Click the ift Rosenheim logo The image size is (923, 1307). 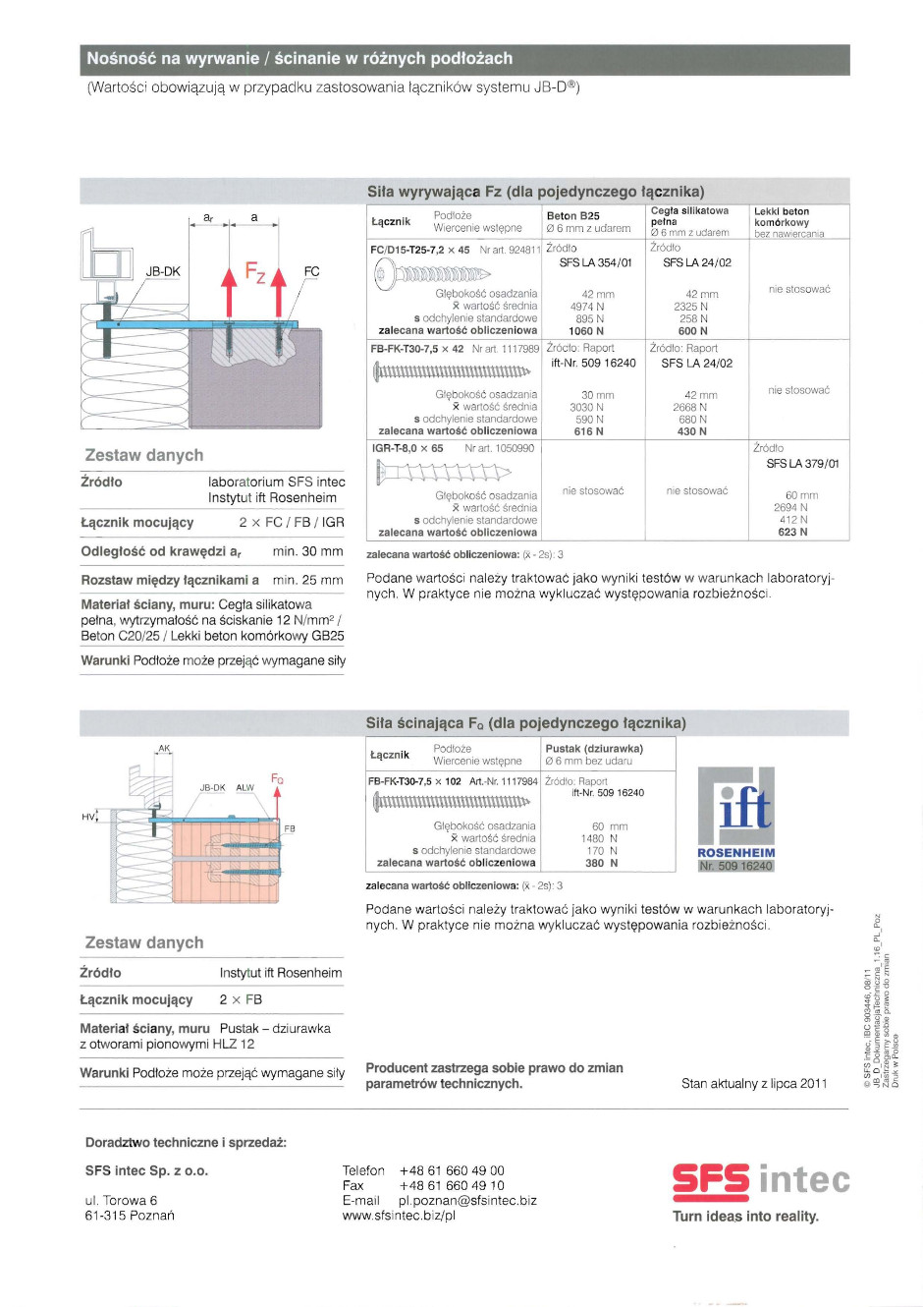(x=736, y=818)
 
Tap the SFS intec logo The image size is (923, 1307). (x=761, y=1180)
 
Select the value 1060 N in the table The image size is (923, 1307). (x=586, y=331)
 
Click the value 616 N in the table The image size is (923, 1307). (x=588, y=431)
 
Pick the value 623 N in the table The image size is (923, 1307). (x=792, y=532)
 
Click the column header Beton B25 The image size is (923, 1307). (x=572, y=216)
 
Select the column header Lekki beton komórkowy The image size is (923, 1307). (x=782, y=216)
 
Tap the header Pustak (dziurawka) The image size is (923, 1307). (x=594, y=749)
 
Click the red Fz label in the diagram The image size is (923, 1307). (x=255, y=270)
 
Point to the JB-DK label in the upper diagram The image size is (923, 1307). (x=163, y=271)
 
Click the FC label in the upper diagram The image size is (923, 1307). (x=311, y=271)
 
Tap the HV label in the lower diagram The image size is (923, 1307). (x=88, y=817)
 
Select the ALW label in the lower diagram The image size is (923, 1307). (x=244, y=788)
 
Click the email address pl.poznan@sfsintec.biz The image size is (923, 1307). (x=467, y=1200)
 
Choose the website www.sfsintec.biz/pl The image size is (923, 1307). (x=399, y=1216)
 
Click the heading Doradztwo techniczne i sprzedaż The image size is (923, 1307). (x=186, y=1143)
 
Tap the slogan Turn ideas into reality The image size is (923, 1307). (x=745, y=1217)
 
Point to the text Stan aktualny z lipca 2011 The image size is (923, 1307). (x=754, y=1083)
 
